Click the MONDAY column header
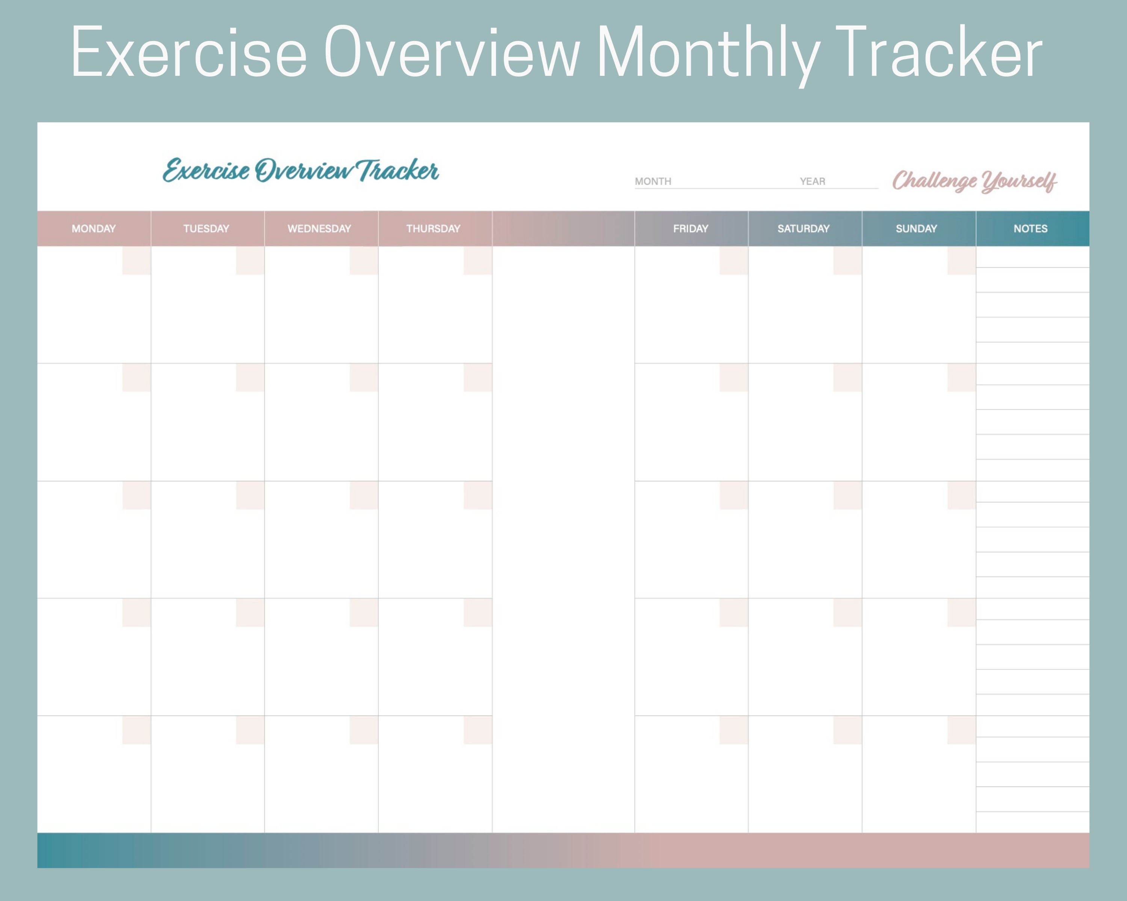click(94, 229)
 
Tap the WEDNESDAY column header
click(319, 229)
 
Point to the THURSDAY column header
click(434, 229)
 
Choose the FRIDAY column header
click(690, 229)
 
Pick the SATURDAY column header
click(804, 229)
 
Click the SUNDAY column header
click(916, 229)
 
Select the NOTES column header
click(1030, 229)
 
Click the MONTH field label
click(653, 181)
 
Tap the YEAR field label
click(812, 181)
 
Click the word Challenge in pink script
click(934, 181)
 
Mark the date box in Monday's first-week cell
click(136, 261)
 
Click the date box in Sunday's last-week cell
click(961, 730)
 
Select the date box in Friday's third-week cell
click(733, 495)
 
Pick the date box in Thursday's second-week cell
click(477, 378)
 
